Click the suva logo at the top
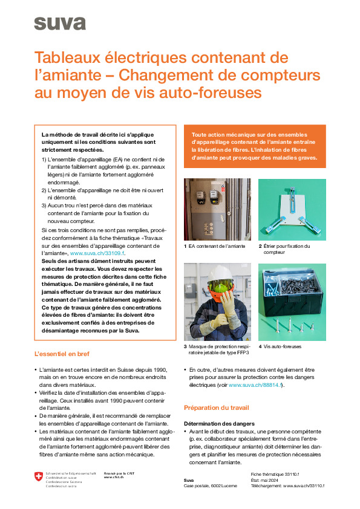[x=59, y=23]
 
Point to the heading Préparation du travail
[x=216, y=407]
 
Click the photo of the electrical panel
[x=217, y=209]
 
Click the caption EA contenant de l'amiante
[x=217, y=246]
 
